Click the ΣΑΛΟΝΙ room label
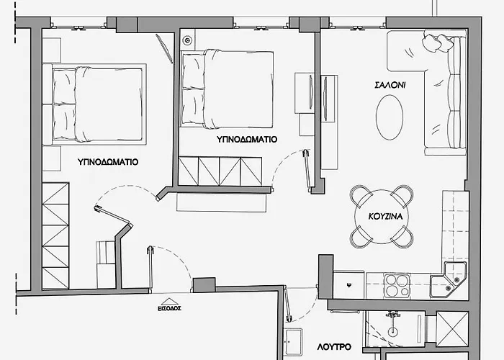(x=390, y=85)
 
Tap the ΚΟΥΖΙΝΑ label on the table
(x=385, y=216)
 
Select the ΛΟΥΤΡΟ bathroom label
(x=334, y=347)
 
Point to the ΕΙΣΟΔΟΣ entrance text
(x=169, y=308)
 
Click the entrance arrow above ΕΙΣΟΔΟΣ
(x=170, y=302)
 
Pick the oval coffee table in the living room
(x=390, y=117)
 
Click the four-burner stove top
(x=397, y=286)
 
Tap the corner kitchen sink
(x=448, y=279)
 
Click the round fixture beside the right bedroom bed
(x=187, y=40)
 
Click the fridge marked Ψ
(x=349, y=285)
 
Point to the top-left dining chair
(x=361, y=196)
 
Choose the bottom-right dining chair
(x=402, y=237)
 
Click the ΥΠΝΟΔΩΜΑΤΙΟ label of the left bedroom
(x=108, y=162)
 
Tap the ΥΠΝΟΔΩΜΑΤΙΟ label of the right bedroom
(x=246, y=140)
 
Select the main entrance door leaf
(x=150, y=269)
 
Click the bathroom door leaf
(x=288, y=304)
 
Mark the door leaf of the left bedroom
(x=113, y=215)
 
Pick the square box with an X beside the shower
(x=452, y=329)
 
